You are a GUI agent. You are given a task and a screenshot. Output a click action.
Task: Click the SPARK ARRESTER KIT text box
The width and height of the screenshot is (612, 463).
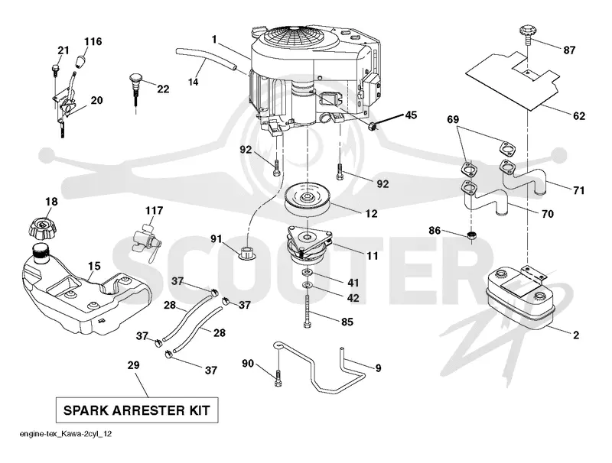point(137,410)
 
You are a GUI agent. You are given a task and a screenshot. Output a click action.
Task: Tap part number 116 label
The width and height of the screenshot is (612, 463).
point(93,41)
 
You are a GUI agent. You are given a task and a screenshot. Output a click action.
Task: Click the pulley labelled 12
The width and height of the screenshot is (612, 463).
point(308,199)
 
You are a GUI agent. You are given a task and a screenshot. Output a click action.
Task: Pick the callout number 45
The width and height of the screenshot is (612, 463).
point(411,115)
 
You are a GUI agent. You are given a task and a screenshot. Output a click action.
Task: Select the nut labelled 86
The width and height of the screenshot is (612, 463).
point(471,235)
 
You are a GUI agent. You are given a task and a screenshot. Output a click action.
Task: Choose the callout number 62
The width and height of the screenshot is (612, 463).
point(579,116)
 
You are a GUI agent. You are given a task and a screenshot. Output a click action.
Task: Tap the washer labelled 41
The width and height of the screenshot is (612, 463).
point(308,272)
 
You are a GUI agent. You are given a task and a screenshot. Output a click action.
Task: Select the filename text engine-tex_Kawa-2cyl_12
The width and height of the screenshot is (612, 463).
point(66,434)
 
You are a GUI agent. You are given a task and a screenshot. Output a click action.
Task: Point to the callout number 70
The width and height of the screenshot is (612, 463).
point(548,214)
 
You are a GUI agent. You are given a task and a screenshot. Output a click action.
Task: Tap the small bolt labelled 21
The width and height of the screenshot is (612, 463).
point(54,70)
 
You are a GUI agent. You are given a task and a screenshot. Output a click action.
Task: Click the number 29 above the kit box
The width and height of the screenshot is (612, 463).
point(133,365)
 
